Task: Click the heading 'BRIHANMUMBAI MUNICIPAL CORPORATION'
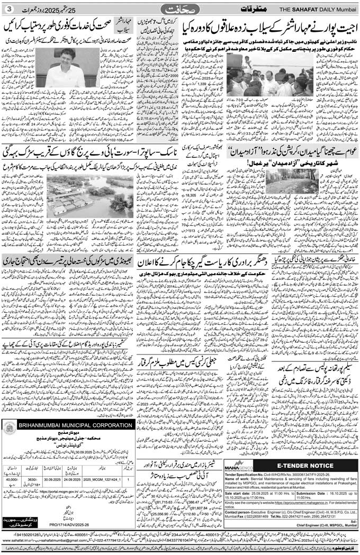tap(75, 425)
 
